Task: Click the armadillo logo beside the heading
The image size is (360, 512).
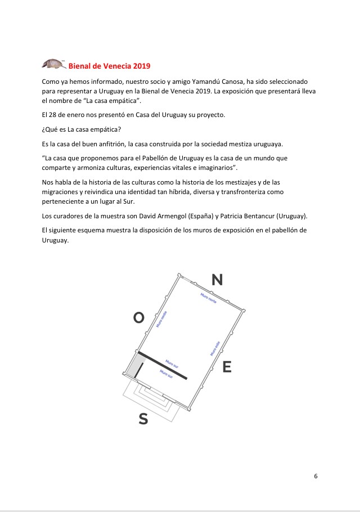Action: (x=54, y=64)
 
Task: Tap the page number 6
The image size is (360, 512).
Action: (x=316, y=476)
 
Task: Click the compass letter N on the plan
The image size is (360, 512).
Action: (x=217, y=280)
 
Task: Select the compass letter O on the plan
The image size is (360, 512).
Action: (x=138, y=318)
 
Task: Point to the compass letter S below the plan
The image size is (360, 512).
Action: (x=143, y=419)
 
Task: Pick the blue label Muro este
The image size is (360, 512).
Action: (x=215, y=348)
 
